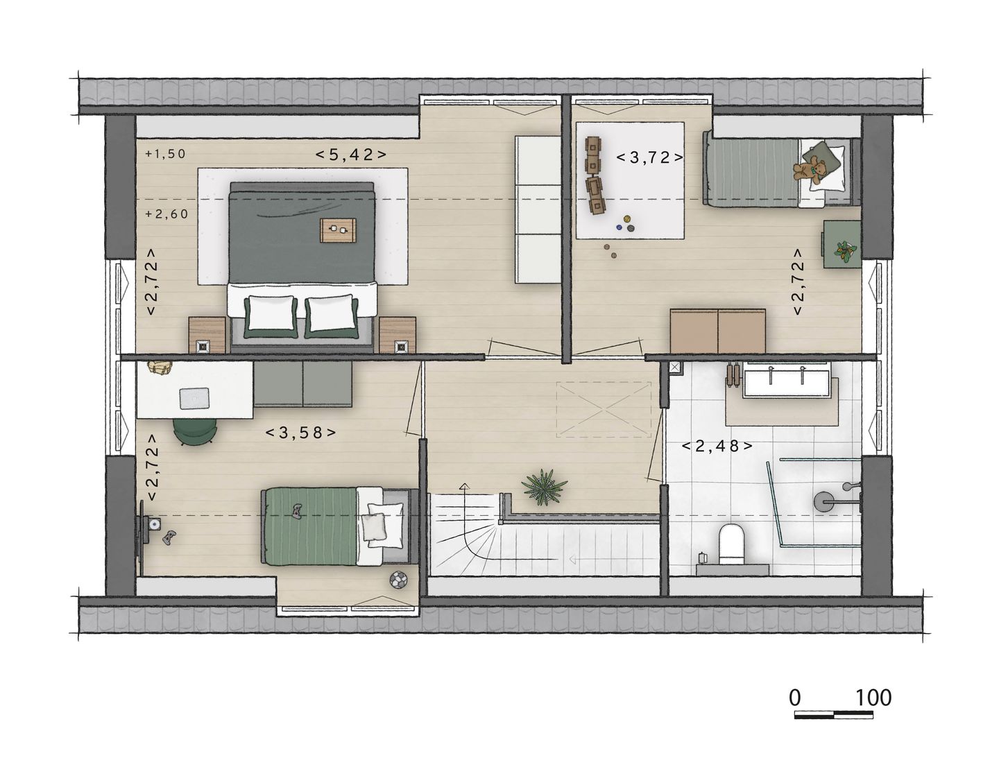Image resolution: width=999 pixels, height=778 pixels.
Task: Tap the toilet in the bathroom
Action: [731, 545]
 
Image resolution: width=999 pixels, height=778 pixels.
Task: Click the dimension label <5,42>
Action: [351, 155]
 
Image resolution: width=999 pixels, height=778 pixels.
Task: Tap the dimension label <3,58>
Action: [301, 433]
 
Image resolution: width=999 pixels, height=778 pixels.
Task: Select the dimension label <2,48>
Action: [717, 446]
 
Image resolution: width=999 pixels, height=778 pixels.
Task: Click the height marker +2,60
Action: [167, 214]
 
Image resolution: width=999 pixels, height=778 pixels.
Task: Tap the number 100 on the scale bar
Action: [873, 698]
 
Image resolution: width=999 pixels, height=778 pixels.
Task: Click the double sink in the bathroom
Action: [786, 382]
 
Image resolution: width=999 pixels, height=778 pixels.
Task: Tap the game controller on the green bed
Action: [296, 511]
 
